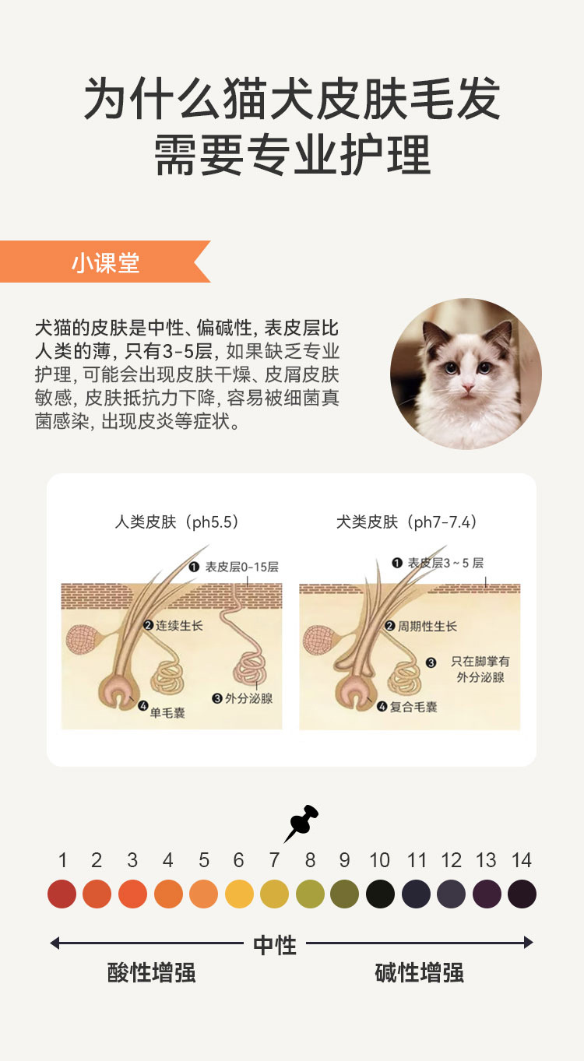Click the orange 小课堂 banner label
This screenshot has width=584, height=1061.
(x=105, y=262)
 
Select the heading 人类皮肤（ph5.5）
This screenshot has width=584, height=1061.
(x=177, y=522)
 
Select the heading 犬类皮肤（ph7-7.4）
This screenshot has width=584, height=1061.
(x=407, y=522)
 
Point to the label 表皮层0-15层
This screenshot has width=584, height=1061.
(x=241, y=567)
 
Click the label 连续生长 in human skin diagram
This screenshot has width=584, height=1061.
(x=178, y=625)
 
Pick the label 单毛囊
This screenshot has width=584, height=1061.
(x=167, y=711)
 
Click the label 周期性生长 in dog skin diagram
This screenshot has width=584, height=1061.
(x=427, y=626)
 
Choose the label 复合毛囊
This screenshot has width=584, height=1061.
(x=413, y=707)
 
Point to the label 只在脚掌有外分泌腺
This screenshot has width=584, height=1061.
(x=480, y=669)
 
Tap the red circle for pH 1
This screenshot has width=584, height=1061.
(x=62, y=894)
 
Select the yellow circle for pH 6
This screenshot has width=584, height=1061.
(x=239, y=894)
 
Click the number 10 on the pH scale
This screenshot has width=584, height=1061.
(x=379, y=860)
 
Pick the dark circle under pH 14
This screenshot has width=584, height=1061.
(x=522, y=894)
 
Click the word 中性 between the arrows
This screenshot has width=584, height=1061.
(x=275, y=945)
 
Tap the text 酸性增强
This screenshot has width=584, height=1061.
(x=151, y=972)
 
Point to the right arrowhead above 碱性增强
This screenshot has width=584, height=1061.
(x=529, y=943)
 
